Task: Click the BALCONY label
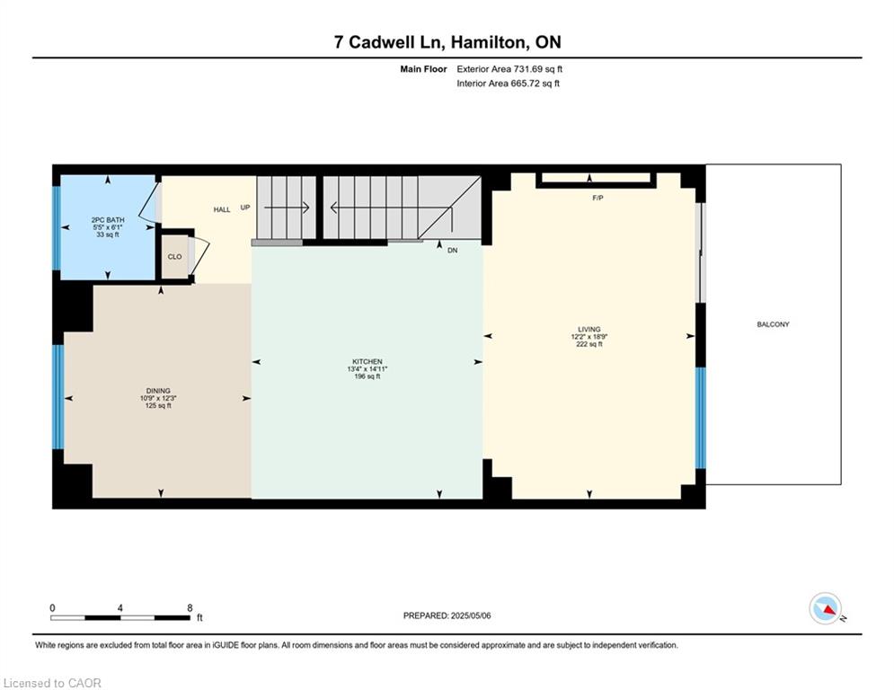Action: tap(773, 324)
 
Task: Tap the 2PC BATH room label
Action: tap(108, 219)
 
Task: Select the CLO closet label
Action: tap(174, 257)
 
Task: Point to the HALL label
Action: tap(222, 209)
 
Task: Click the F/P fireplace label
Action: tap(597, 198)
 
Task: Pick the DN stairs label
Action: tap(452, 251)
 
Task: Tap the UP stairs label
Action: tap(245, 208)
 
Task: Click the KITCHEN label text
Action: tap(367, 361)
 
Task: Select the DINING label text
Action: tap(158, 391)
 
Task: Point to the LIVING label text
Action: tap(589, 329)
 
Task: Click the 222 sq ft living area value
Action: tap(589, 344)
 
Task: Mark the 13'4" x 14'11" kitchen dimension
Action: tap(367, 369)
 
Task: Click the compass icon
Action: tap(826, 609)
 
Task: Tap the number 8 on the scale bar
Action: tap(190, 608)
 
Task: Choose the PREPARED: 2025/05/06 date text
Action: tap(447, 615)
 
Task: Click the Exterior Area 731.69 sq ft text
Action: tap(509, 69)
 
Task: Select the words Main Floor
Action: tap(423, 69)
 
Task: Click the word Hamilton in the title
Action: tap(488, 42)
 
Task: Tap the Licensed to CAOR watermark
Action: tap(52, 683)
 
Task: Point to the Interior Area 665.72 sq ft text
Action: tap(508, 84)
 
